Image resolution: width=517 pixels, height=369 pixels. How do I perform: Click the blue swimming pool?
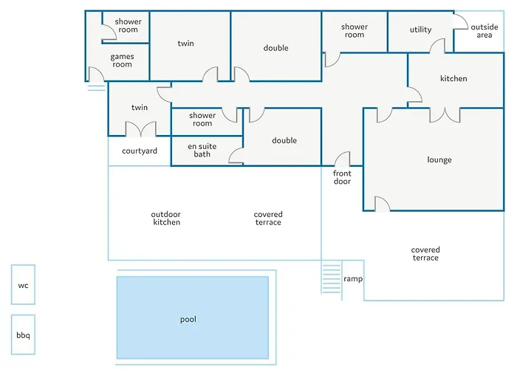[192, 318]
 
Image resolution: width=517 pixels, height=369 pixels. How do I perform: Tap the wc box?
[23, 285]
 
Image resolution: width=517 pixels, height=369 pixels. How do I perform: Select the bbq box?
[23, 335]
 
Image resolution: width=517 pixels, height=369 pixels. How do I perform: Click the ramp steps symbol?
[331, 278]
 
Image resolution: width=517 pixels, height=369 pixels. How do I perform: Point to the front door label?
[342, 177]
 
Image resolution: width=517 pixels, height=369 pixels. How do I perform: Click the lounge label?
[439, 160]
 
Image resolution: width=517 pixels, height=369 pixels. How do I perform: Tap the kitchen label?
[453, 79]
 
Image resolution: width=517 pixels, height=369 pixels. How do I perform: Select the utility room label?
[420, 30]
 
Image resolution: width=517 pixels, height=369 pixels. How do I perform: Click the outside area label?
[484, 31]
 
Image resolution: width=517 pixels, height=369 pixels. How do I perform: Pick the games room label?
[122, 61]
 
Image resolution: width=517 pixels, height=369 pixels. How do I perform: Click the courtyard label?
[140, 151]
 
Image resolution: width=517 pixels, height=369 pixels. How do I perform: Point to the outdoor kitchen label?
[166, 218]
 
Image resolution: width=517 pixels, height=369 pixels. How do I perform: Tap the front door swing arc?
[342, 159]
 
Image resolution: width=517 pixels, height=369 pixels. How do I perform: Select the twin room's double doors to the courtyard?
[140, 129]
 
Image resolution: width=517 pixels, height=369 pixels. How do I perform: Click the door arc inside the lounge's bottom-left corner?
[382, 204]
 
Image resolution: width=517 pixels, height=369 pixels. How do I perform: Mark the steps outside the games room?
[96, 87]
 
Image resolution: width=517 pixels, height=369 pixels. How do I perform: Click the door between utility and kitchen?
[437, 46]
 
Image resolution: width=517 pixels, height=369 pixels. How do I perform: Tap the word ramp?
[352, 280]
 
